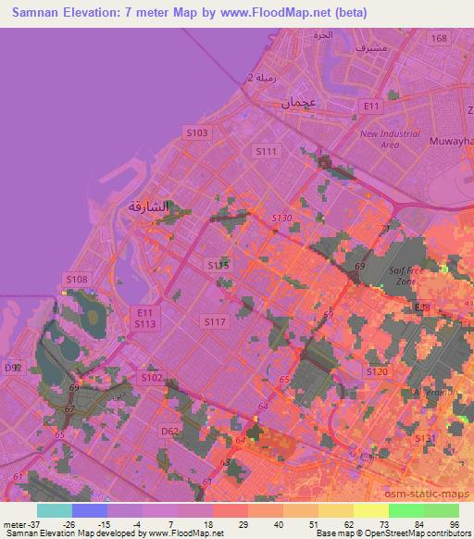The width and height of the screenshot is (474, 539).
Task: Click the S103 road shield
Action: tap(196, 132)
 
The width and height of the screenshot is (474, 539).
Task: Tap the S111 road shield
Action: tap(266, 151)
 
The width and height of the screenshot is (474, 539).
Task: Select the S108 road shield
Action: tap(76, 279)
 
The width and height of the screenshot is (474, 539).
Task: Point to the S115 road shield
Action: tap(218, 265)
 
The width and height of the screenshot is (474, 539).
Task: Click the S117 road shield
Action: tap(215, 321)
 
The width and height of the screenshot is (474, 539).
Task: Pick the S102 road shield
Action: tap(151, 378)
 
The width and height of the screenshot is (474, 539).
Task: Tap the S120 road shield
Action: tap(376, 371)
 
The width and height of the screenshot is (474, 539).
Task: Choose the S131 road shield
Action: tap(424, 438)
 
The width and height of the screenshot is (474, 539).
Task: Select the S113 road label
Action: tap(144, 324)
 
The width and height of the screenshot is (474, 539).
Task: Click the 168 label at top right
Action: tap(438, 38)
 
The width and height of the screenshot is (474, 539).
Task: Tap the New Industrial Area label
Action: tap(379, 140)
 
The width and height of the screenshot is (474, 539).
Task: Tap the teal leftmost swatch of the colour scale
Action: tap(54, 509)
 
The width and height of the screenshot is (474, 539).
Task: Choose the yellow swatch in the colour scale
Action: tap(371, 509)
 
